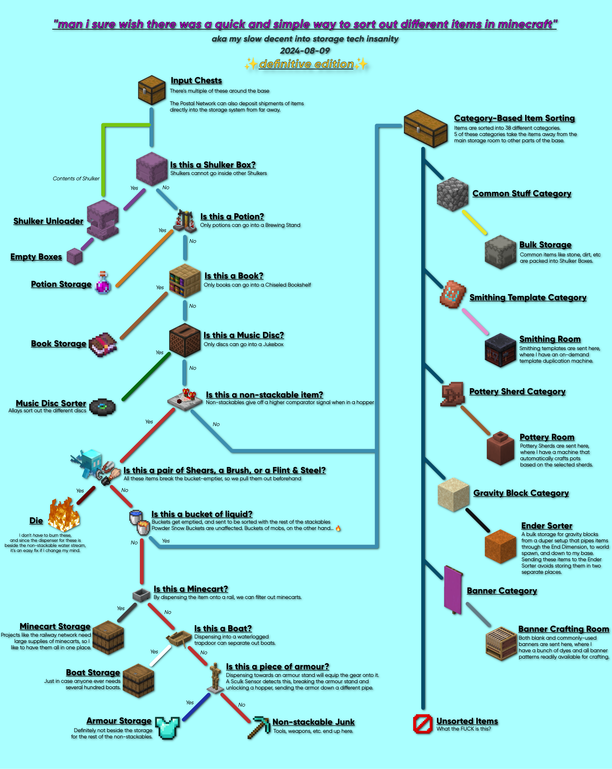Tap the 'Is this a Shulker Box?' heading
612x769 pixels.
tap(213, 165)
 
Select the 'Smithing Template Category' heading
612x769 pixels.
tap(528, 297)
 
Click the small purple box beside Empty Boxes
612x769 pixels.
tap(75, 256)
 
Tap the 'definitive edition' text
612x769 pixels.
tap(306, 64)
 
